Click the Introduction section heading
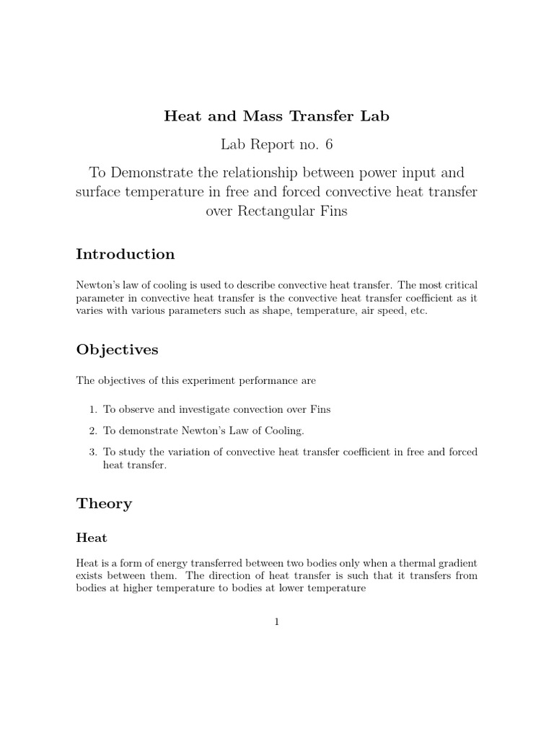126,254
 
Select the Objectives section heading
117,349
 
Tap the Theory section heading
104,504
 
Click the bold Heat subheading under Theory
92,538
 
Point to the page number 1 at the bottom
276,623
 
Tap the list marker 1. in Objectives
93,409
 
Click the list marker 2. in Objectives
93,431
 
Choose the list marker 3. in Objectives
93,452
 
